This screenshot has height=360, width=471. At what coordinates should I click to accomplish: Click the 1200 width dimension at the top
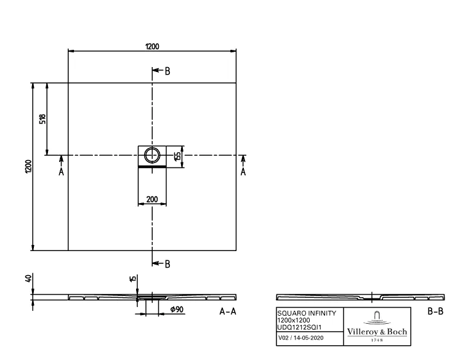(152, 46)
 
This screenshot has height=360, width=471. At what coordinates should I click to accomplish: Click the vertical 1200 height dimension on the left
(28, 166)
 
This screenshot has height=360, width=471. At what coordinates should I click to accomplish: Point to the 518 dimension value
(42, 119)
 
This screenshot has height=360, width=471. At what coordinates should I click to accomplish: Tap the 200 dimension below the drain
(151, 199)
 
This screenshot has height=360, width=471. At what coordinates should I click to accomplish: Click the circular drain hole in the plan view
(151, 154)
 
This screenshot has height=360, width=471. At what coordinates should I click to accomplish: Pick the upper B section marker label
(167, 71)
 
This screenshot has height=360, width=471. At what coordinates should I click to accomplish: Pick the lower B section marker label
(167, 264)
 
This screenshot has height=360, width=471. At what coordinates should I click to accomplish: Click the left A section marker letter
(61, 172)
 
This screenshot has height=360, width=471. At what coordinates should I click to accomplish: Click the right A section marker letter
(243, 172)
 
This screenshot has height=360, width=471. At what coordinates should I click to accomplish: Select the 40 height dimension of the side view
(28, 279)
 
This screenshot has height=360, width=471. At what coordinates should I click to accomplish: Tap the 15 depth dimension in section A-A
(132, 279)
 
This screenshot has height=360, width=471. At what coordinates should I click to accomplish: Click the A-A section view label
(228, 311)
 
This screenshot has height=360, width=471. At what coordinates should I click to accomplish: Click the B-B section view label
(435, 311)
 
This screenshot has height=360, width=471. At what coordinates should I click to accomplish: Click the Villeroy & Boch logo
(377, 326)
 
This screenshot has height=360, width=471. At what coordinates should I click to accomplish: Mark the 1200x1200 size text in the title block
(294, 319)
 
